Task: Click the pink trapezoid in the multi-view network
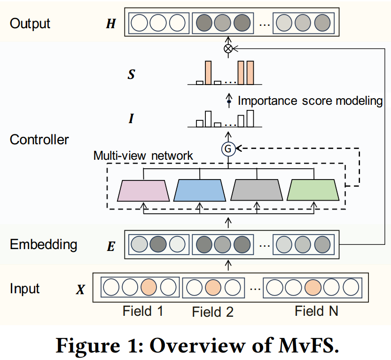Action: point(143,190)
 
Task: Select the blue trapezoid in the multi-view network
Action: point(200,190)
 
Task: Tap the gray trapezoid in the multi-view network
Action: point(257,190)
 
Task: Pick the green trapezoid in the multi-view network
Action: point(313,190)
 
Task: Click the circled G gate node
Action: point(228,149)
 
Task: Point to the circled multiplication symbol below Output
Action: point(228,48)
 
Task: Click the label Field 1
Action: point(143,311)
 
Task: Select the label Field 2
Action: point(213,312)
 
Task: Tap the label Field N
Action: point(316,311)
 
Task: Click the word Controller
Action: point(39,140)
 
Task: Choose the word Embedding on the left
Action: point(43,244)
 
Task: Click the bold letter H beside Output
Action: point(110,24)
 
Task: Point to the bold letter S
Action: point(131,74)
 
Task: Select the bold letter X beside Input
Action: point(80,290)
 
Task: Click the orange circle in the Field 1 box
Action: point(148,286)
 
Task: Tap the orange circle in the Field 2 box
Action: point(213,286)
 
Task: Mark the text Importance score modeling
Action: point(310,101)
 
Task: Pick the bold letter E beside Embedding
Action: point(111,246)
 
